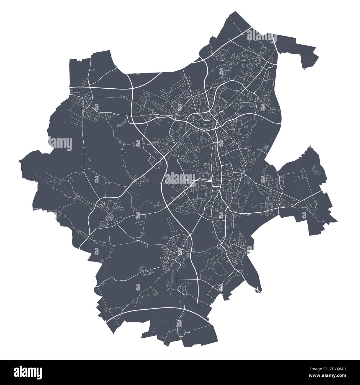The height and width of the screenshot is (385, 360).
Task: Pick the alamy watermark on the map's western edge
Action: (x=60, y=144)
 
